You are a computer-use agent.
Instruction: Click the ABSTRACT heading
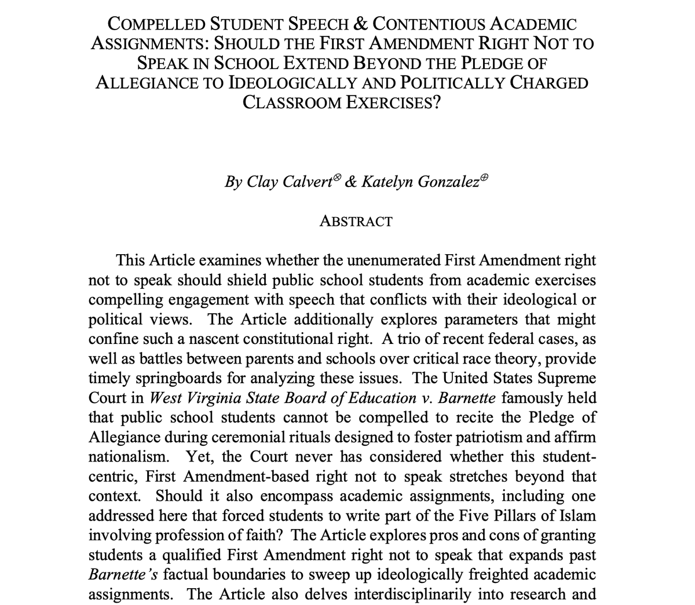[x=356, y=221]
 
